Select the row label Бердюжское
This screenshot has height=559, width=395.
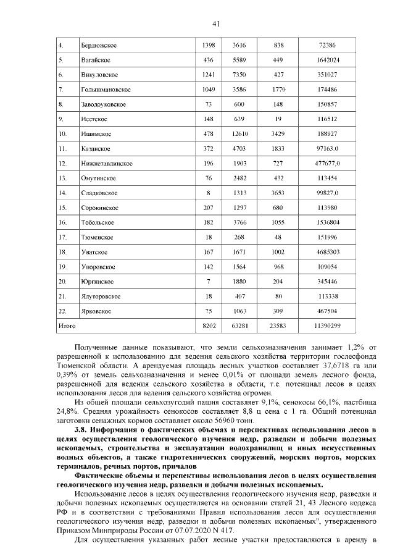(x=99, y=46)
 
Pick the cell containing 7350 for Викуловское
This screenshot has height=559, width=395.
(x=239, y=75)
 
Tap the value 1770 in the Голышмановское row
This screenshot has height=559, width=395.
(x=278, y=90)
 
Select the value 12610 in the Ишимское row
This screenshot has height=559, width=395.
(x=239, y=133)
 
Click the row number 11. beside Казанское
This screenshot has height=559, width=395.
(x=62, y=149)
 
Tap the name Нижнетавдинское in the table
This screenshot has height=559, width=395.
(x=106, y=164)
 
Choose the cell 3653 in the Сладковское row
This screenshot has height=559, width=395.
(x=278, y=193)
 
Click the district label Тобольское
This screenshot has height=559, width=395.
(x=99, y=222)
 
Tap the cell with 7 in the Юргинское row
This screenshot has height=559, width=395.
(x=208, y=281)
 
